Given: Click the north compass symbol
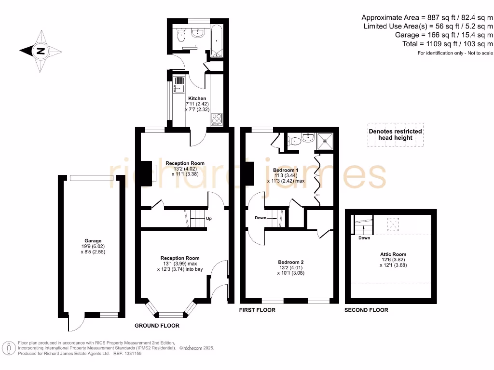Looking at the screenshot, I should coord(41,51).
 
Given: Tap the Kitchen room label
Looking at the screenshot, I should coord(197,98).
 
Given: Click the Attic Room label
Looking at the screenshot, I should coord(393,254).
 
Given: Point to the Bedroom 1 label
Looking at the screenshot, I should coord(286,171).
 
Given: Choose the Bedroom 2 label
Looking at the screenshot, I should coord(291,262).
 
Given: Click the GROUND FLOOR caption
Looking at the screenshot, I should coord(157,326).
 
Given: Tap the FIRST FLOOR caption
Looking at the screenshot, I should coord(257,310).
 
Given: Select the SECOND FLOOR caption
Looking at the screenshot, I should coord(366,310).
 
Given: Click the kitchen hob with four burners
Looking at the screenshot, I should coord(216,118).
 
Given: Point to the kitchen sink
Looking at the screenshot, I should coord(179,85).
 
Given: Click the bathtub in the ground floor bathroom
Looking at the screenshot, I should coord(215,39).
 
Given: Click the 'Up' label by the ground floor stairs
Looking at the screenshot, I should coord(209,218).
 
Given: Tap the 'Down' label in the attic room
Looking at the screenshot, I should coord(364,238).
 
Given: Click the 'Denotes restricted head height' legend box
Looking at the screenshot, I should coord(395,134).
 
